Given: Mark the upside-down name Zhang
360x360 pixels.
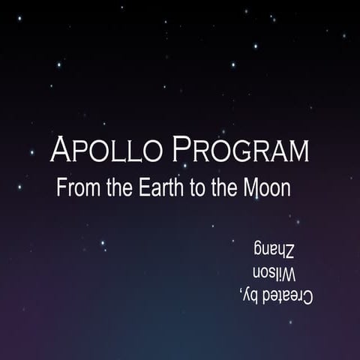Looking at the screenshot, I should pos(276,248).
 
